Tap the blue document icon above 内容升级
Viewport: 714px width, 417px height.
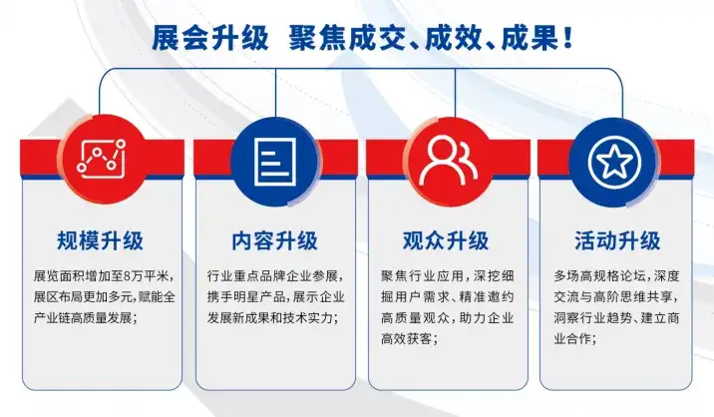pos(275,162)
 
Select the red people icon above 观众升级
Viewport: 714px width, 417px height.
pos(448,161)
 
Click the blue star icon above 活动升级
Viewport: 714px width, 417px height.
pos(614,162)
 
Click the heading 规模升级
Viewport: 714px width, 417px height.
pos(100,240)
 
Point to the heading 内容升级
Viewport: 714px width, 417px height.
pos(274,240)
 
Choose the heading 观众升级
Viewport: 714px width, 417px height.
pos(446,240)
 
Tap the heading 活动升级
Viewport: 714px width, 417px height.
pos(617,240)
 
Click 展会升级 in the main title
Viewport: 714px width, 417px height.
pos(210,38)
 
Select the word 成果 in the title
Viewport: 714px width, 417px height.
pos(531,38)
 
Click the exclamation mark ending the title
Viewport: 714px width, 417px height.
pos(567,38)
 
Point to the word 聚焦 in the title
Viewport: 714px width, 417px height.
pos(317,38)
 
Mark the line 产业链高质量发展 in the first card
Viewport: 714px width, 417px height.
pos(85,317)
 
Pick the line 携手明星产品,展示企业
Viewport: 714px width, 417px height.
pos(275,296)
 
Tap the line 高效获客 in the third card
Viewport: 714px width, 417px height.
pos(410,338)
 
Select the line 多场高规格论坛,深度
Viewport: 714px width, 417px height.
pos(616,275)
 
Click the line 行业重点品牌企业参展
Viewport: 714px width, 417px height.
pos(275,275)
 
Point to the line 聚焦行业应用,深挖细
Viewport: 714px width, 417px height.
pos(448,275)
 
